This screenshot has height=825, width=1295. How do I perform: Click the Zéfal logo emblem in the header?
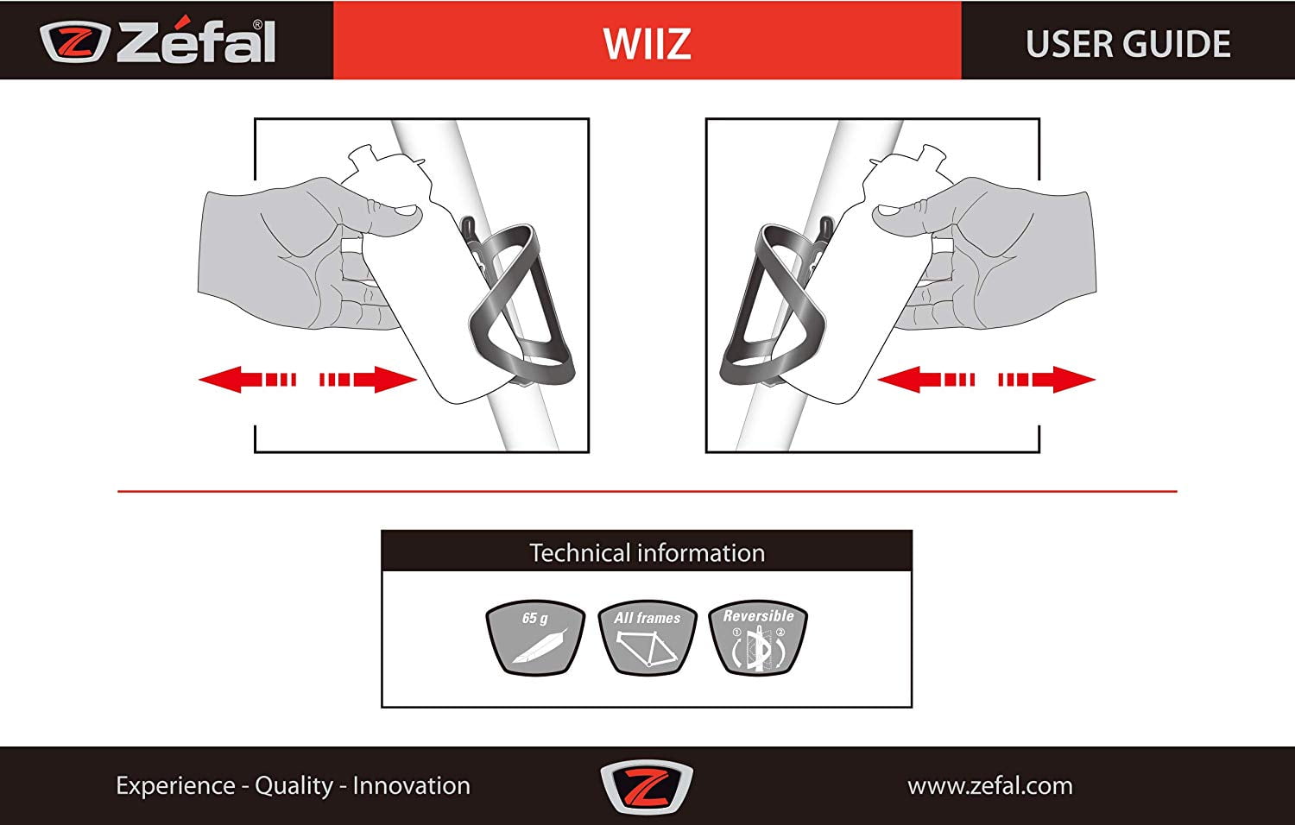click(x=74, y=41)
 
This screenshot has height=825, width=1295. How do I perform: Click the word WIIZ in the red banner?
click(x=647, y=43)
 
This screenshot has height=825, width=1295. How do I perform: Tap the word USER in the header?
click(x=1063, y=44)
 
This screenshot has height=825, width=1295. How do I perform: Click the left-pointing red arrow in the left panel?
click(x=248, y=380)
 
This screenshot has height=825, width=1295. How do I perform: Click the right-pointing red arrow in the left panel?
click(x=369, y=380)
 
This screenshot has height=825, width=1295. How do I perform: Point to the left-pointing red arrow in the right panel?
click(x=926, y=380)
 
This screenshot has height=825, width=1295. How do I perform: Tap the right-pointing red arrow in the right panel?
click(x=1047, y=380)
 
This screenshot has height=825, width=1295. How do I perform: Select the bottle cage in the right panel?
click(x=774, y=300)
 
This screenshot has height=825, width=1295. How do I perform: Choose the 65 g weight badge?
click(x=535, y=638)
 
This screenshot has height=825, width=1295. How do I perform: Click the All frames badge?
click(x=647, y=638)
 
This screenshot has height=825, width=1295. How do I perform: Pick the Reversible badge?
click(x=758, y=638)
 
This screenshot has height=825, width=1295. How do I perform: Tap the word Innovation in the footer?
click(x=412, y=785)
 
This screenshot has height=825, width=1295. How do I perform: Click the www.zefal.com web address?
click(x=990, y=786)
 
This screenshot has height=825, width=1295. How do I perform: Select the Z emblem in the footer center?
click(x=647, y=786)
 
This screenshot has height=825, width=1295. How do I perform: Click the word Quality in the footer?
click(x=294, y=786)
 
